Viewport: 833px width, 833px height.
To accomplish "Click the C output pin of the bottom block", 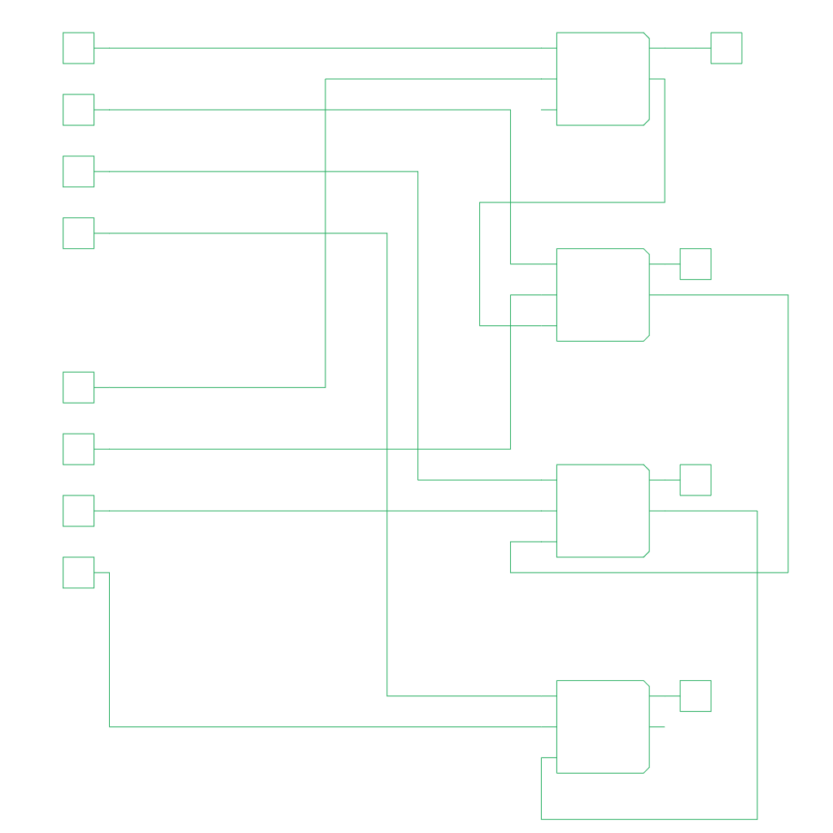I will [x=643, y=726].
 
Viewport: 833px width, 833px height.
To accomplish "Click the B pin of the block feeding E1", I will [x=562, y=294].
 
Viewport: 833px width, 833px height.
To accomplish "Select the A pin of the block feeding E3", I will [x=562, y=696].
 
